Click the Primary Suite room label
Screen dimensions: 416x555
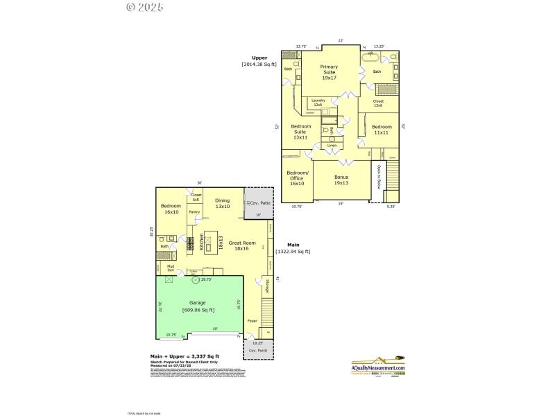click(x=329, y=72)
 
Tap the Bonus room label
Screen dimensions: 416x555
click(x=341, y=180)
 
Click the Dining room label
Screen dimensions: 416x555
click(x=222, y=203)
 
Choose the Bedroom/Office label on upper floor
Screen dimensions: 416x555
click(x=297, y=180)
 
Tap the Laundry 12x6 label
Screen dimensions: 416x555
click(x=318, y=102)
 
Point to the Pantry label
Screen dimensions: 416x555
click(x=194, y=212)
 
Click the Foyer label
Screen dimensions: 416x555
click(x=252, y=321)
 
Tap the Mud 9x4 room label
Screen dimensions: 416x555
click(x=170, y=267)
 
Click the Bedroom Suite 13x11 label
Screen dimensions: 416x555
click(x=300, y=132)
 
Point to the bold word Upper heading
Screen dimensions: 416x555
click(x=259, y=58)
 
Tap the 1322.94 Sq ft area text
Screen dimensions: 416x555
click(x=293, y=251)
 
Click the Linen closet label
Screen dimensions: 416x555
click(x=332, y=146)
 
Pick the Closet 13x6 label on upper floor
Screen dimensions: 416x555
click(x=378, y=103)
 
